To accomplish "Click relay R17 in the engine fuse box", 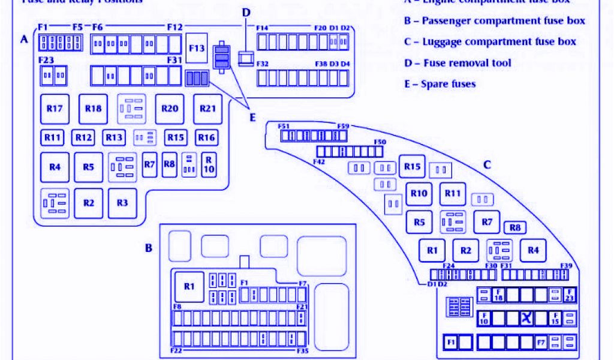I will point(55,109).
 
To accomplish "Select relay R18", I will point(93,109).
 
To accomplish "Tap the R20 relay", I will point(170,109).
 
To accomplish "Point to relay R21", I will point(207,109).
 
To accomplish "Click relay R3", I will point(122,203).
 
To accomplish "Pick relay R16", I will point(206,137).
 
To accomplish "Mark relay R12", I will point(84,137).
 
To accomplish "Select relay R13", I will point(114,137).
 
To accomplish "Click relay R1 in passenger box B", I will point(189,286).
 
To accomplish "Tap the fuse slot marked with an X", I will point(526,318).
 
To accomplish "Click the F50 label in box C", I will point(380,142).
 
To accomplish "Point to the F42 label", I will point(319,161).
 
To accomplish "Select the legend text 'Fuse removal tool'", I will point(458,63).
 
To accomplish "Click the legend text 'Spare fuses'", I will point(440,84).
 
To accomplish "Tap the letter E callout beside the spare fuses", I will point(252,117).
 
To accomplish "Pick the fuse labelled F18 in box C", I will point(498,295).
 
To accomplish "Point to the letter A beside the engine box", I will point(24,40).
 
